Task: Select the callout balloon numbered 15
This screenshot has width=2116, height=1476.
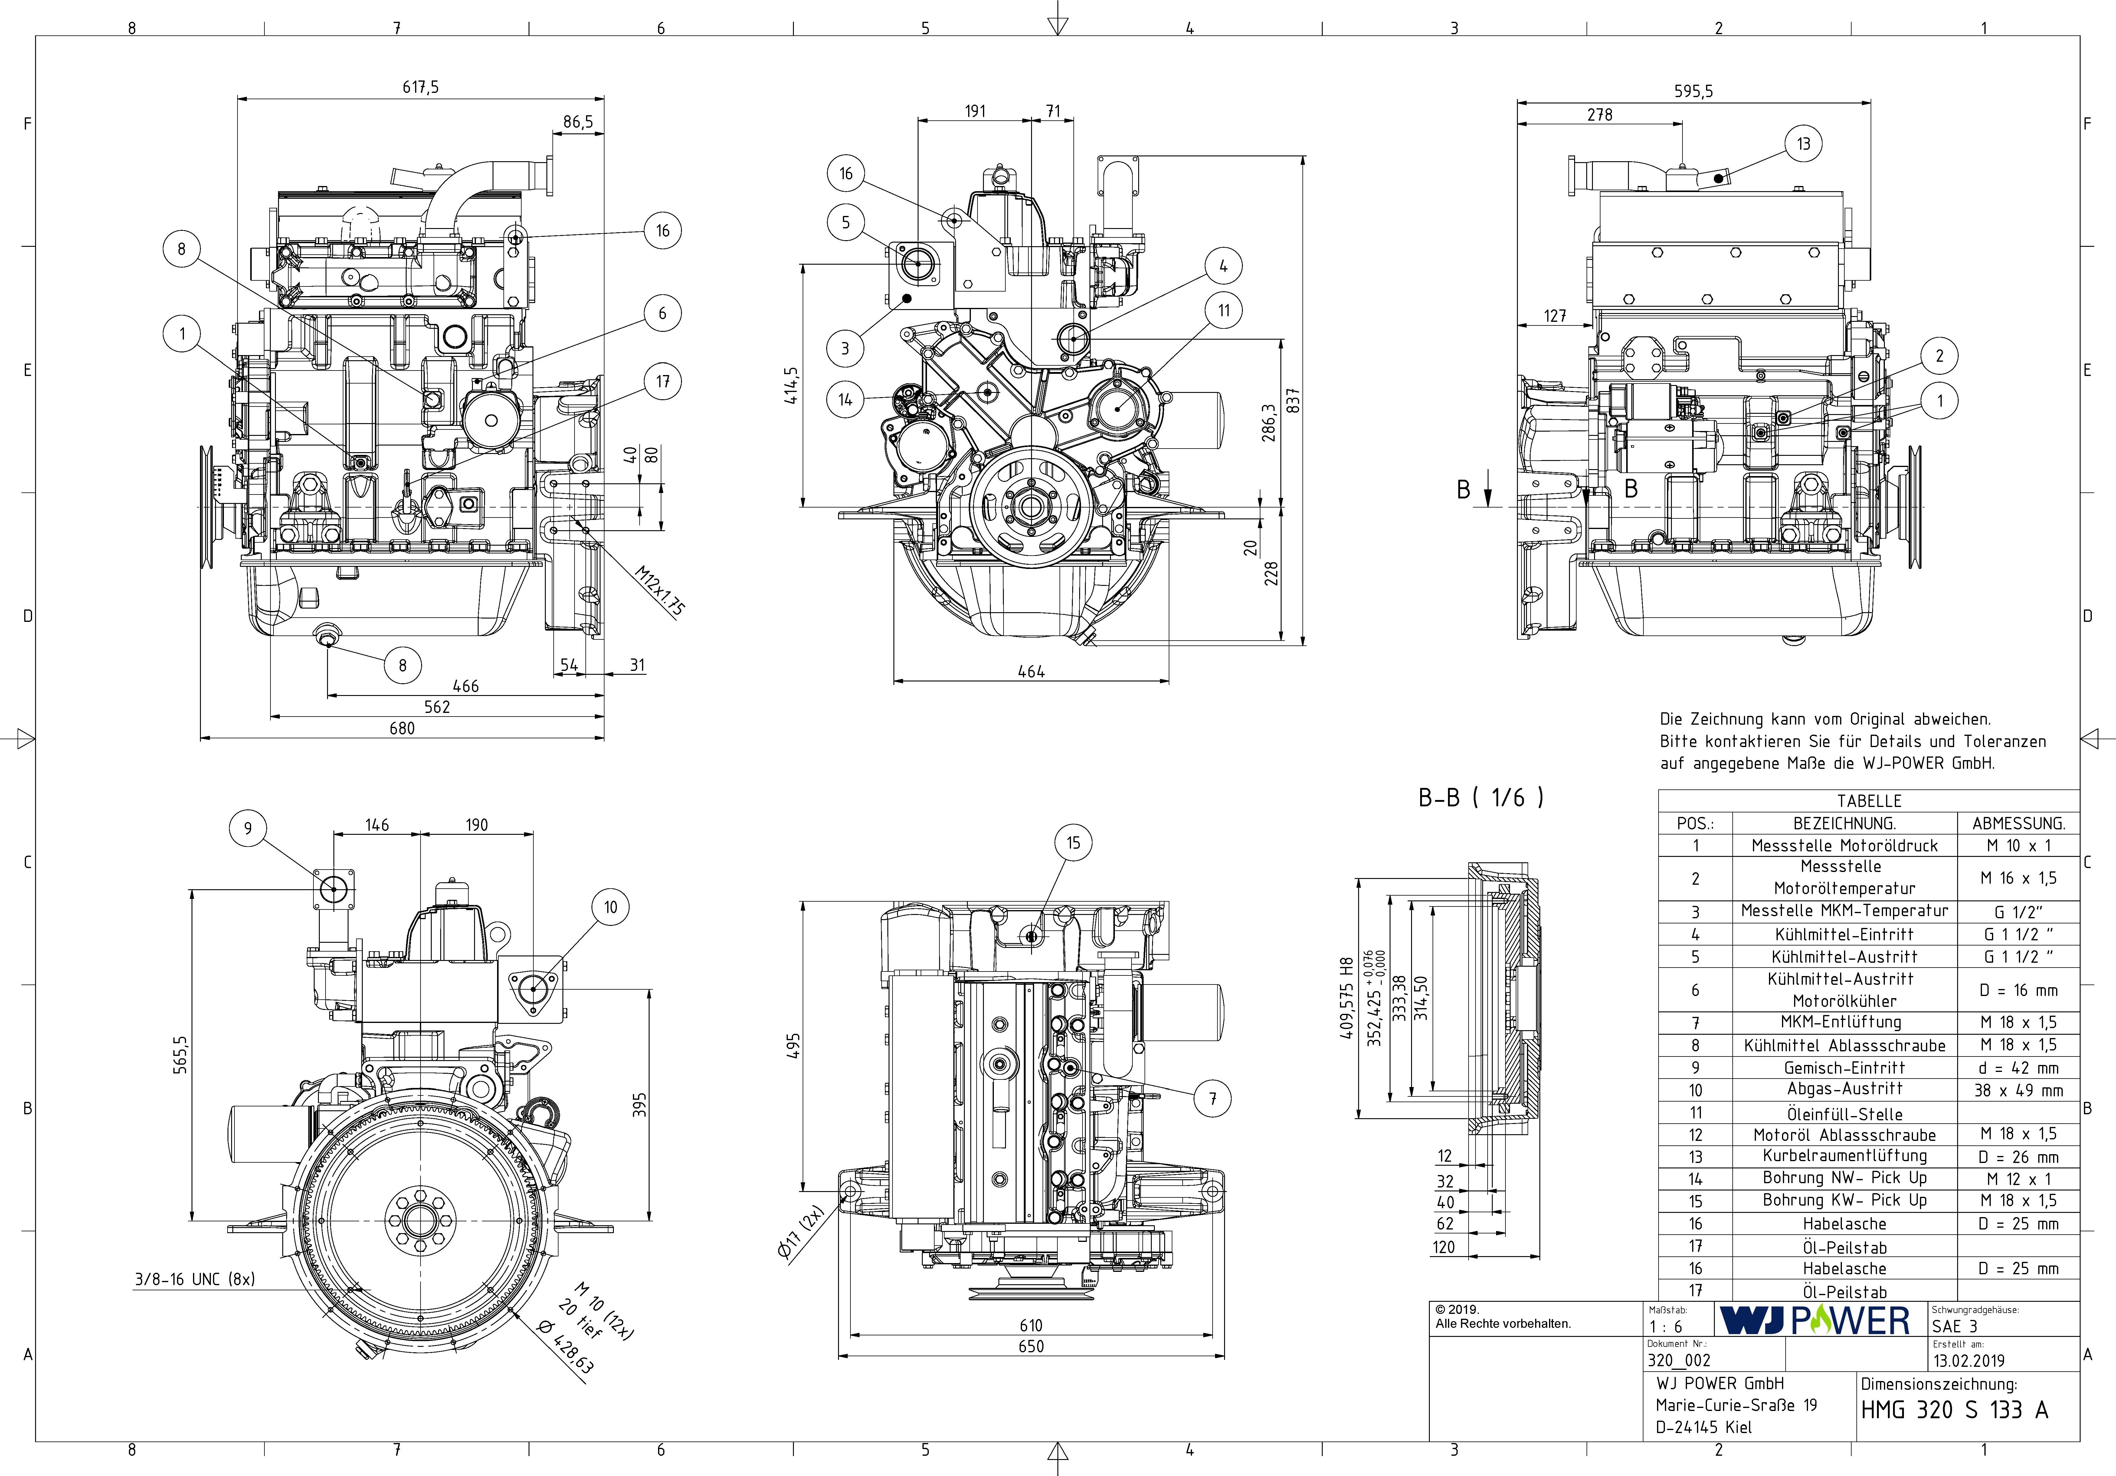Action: click(1073, 842)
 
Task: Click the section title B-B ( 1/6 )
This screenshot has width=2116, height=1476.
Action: click(1480, 798)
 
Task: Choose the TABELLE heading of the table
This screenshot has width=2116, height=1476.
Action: click(1868, 801)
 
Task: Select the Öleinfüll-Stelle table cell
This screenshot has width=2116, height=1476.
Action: click(1844, 1113)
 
